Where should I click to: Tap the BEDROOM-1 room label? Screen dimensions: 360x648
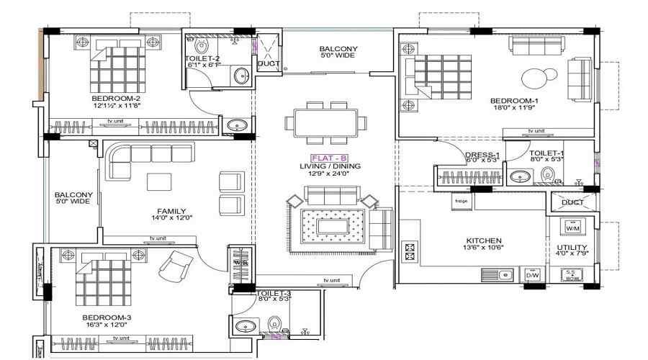(514, 101)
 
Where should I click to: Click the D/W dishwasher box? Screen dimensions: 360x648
(533, 275)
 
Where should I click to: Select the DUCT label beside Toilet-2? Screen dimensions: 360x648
(268, 63)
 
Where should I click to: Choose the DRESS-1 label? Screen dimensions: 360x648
(482, 155)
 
